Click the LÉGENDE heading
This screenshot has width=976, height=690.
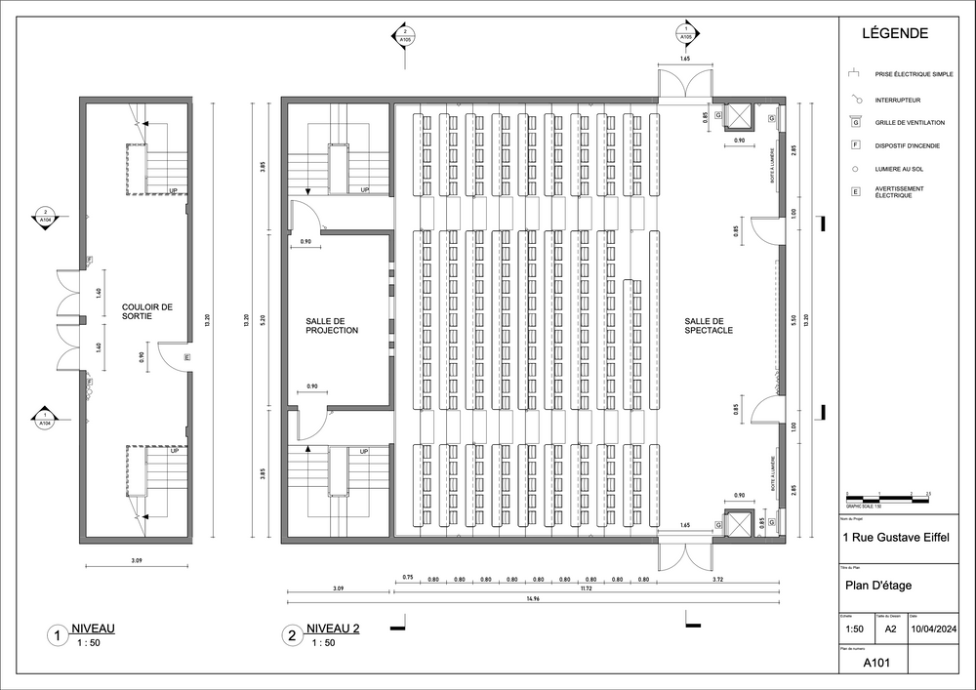point(895,33)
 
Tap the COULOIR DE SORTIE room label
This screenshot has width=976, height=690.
point(147,311)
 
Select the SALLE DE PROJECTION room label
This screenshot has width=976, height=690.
point(332,326)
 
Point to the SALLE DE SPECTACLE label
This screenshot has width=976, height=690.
point(709,326)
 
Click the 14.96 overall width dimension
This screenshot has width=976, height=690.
point(532,597)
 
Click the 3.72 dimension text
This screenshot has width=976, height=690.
point(717,580)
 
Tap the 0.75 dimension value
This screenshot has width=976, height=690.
point(408,579)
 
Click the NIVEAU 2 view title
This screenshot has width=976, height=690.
point(333,629)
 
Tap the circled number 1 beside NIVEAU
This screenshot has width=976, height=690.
point(60,636)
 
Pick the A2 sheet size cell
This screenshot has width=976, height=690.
point(890,629)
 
